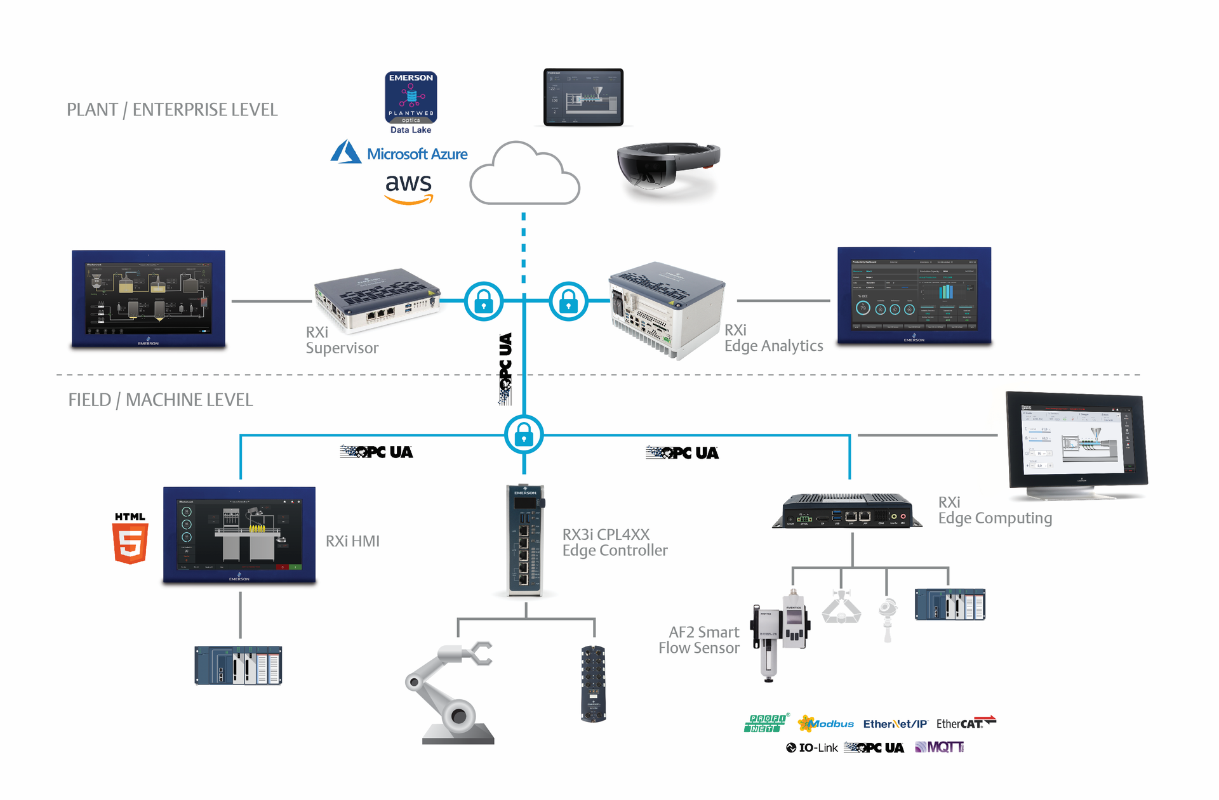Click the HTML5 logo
click(130, 539)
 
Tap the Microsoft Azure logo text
click(416, 154)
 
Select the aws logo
click(409, 187)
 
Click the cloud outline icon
click(524, 175)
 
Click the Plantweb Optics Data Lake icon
click(411, 98)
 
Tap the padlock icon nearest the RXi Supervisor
click(483, 301)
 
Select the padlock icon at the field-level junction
click(524, 435)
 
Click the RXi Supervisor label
click(342, 340)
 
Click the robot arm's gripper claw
click(479, 653)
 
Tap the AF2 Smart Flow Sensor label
click(699, 640)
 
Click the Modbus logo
click(826, 723)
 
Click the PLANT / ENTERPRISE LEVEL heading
click(172, 110)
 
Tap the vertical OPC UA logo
click(505, 369)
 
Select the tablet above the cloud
click(583, 97)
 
